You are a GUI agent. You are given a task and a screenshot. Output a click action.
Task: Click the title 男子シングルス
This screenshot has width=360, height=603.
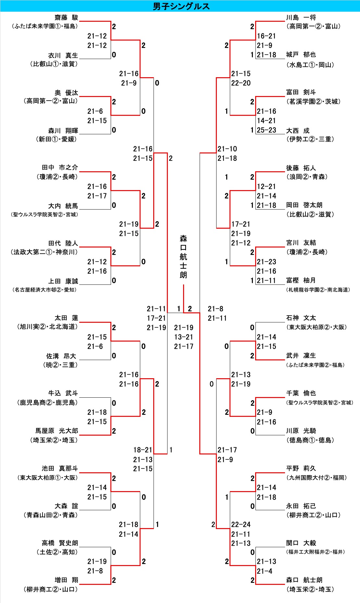[181, 6]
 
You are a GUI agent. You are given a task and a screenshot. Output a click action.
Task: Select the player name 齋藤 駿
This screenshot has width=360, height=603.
[66, 18]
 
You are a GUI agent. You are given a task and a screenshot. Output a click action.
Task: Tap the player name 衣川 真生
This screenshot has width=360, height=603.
[63, 55]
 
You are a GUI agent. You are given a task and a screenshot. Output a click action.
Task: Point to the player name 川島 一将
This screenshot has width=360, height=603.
[301, 18]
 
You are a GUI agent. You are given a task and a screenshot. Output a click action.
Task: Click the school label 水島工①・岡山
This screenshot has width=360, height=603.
[310, 65]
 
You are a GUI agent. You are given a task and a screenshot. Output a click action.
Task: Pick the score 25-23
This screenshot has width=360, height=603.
[266, 130]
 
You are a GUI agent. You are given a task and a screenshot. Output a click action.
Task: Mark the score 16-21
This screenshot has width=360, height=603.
[266, 36]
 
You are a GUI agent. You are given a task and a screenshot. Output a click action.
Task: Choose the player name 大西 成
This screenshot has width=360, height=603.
[298, 130]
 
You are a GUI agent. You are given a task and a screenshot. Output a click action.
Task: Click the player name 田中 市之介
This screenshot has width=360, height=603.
[60, 167]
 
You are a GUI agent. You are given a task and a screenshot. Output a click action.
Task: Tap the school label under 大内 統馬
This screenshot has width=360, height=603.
[44, 214]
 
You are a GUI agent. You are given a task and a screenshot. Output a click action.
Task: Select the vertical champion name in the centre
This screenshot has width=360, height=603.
[183, 257]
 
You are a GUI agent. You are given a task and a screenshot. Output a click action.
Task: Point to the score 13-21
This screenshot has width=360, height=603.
[183, 337]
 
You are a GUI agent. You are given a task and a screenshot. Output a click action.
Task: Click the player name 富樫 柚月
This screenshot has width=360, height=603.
[301, 280]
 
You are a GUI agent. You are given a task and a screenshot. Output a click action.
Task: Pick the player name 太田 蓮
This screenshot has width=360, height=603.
[66, 318]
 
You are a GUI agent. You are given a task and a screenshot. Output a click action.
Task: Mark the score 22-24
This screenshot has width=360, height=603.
[241, 525]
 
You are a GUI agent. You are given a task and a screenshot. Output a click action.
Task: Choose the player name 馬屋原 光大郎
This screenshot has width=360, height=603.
[57, 431]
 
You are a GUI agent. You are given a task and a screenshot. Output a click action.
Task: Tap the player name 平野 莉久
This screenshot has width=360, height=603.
[301, 468]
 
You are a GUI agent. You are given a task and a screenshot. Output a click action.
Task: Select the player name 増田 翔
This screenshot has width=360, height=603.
[66, 580]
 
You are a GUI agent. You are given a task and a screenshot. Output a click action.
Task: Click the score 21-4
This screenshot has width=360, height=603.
[265, 571]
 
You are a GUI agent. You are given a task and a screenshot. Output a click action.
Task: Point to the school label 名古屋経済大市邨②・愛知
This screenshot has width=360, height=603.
[44, 290]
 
